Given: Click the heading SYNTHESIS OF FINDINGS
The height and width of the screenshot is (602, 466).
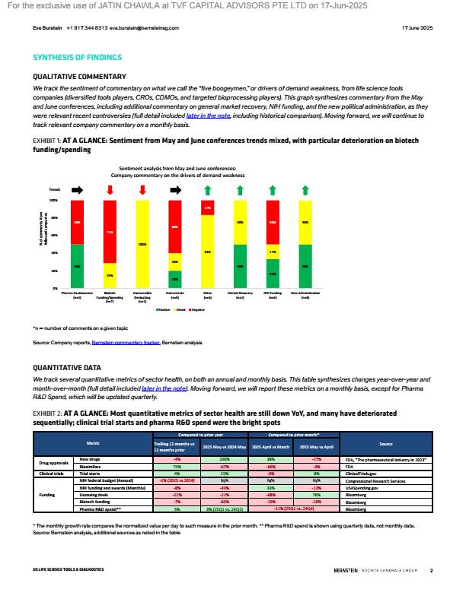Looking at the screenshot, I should point(78,58).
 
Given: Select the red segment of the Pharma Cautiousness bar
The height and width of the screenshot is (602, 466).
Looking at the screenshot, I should point(77,222).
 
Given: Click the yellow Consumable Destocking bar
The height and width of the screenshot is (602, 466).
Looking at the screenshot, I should point(142,244).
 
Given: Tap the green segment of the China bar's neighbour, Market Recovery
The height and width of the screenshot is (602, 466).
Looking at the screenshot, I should point(240,267).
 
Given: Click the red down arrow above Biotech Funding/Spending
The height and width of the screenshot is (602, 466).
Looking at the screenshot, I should point(110,190).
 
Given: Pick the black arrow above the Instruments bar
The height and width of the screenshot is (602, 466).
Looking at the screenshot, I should point(175,190).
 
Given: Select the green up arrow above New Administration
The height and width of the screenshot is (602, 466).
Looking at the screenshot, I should point(305,190).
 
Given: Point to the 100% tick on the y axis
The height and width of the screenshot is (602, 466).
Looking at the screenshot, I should point(54,201).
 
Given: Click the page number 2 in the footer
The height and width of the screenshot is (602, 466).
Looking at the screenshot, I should point(431,569).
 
